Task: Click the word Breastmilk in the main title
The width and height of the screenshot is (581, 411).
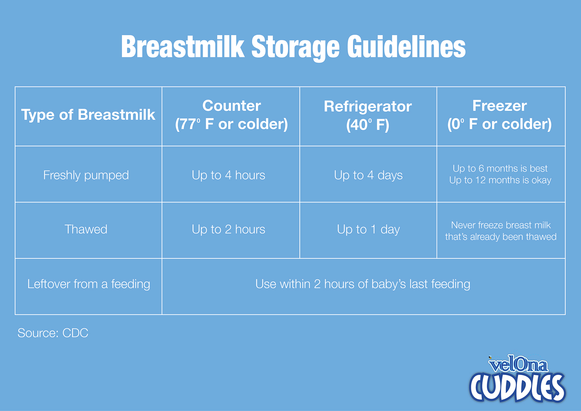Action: click(x=183, y=47)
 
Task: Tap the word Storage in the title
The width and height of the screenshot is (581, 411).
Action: click(x=295, y=48)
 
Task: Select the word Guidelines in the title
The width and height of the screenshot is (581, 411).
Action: click(x=406, y=47)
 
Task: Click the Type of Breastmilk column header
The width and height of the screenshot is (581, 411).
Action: click(x=88, y=115)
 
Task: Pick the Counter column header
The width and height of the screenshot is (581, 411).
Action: click(x=232, y=115)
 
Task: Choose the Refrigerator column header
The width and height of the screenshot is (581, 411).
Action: click(x=368, y=116)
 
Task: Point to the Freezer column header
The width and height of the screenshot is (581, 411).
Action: click(x=500, y=115)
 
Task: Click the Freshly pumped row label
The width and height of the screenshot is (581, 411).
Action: click(x=86, y=175)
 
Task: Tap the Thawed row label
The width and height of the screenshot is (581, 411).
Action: click(x=86, y=229)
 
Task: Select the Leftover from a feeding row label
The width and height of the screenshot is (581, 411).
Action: click(x=89, y=284)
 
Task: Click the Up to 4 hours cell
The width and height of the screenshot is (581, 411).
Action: click(x=228, y=175)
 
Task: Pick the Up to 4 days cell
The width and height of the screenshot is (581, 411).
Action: click(x=368, y=175)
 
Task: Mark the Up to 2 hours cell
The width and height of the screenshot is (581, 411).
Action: click(x=228, y=229)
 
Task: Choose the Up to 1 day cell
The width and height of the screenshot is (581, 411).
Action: click(x=368, y=229)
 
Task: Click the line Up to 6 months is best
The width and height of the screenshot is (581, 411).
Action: click(x=500, y=168)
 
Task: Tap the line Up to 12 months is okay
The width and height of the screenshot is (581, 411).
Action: click(x=500, y=180)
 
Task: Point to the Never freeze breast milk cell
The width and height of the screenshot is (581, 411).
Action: click(x=501, y=231)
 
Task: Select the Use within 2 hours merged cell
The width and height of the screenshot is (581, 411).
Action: click(x=363, y=284)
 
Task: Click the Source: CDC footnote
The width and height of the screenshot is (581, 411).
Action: click(x=53, y=333)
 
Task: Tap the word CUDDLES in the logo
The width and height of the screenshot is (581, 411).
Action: click(x=517, y=387)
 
